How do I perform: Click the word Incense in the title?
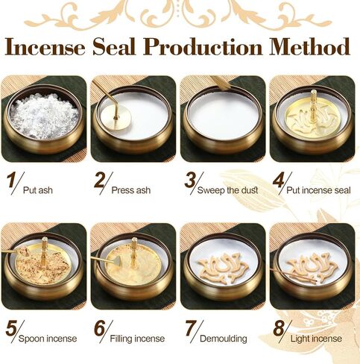45,47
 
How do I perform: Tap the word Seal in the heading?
114,47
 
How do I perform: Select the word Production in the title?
203,47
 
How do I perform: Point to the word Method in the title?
309,47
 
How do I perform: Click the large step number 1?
10,181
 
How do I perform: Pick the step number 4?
278,181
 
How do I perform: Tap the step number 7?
190,328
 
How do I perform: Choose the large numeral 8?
279,328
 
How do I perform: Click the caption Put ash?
38,190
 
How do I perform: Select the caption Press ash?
131,190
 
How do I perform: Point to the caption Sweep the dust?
227,190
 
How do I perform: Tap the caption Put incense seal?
318,190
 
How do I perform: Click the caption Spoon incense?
48,339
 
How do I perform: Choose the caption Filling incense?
137,339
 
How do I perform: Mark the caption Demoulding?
224,339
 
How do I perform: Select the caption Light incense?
316,339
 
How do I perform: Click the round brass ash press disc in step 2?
116,118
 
